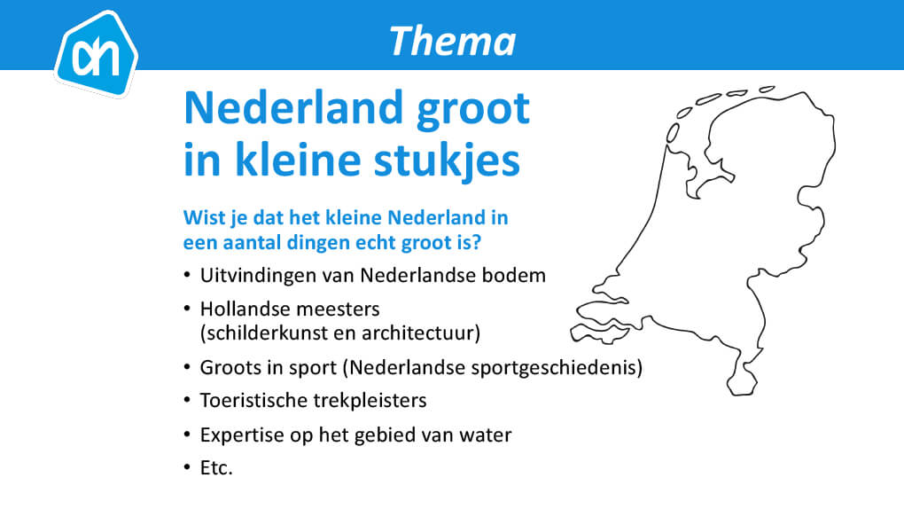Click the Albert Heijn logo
tap(97, 53)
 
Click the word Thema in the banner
tap(453, 42)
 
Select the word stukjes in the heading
tap(447, 160)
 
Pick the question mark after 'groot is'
tap(476, 242)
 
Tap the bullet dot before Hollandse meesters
tap(187, 309)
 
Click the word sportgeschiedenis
tap(553, 368)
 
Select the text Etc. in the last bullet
tap(216, 467)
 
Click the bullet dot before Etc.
tap(187, 466)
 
